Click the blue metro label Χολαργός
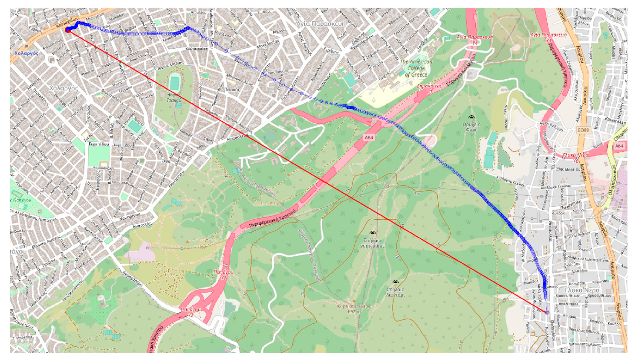[x=26, y=53]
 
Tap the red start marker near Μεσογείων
[x=68, y=29]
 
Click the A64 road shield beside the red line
[x=369, y=137]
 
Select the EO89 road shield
[x=583, y=130]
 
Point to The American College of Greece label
[x=416, y=68]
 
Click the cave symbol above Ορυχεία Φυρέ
[x=471, y=117]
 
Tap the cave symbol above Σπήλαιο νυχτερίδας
[x=373, y=233]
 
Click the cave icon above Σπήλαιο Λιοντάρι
[x=396, y=282]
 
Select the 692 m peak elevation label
[x=354, y=311]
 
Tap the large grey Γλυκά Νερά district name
[x=582, y=290]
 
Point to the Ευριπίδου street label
[x=99, y=144]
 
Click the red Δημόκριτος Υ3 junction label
[x=429, y=88]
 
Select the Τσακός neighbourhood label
[x=232, y=90]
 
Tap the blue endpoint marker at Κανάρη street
[x=547, y=313]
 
